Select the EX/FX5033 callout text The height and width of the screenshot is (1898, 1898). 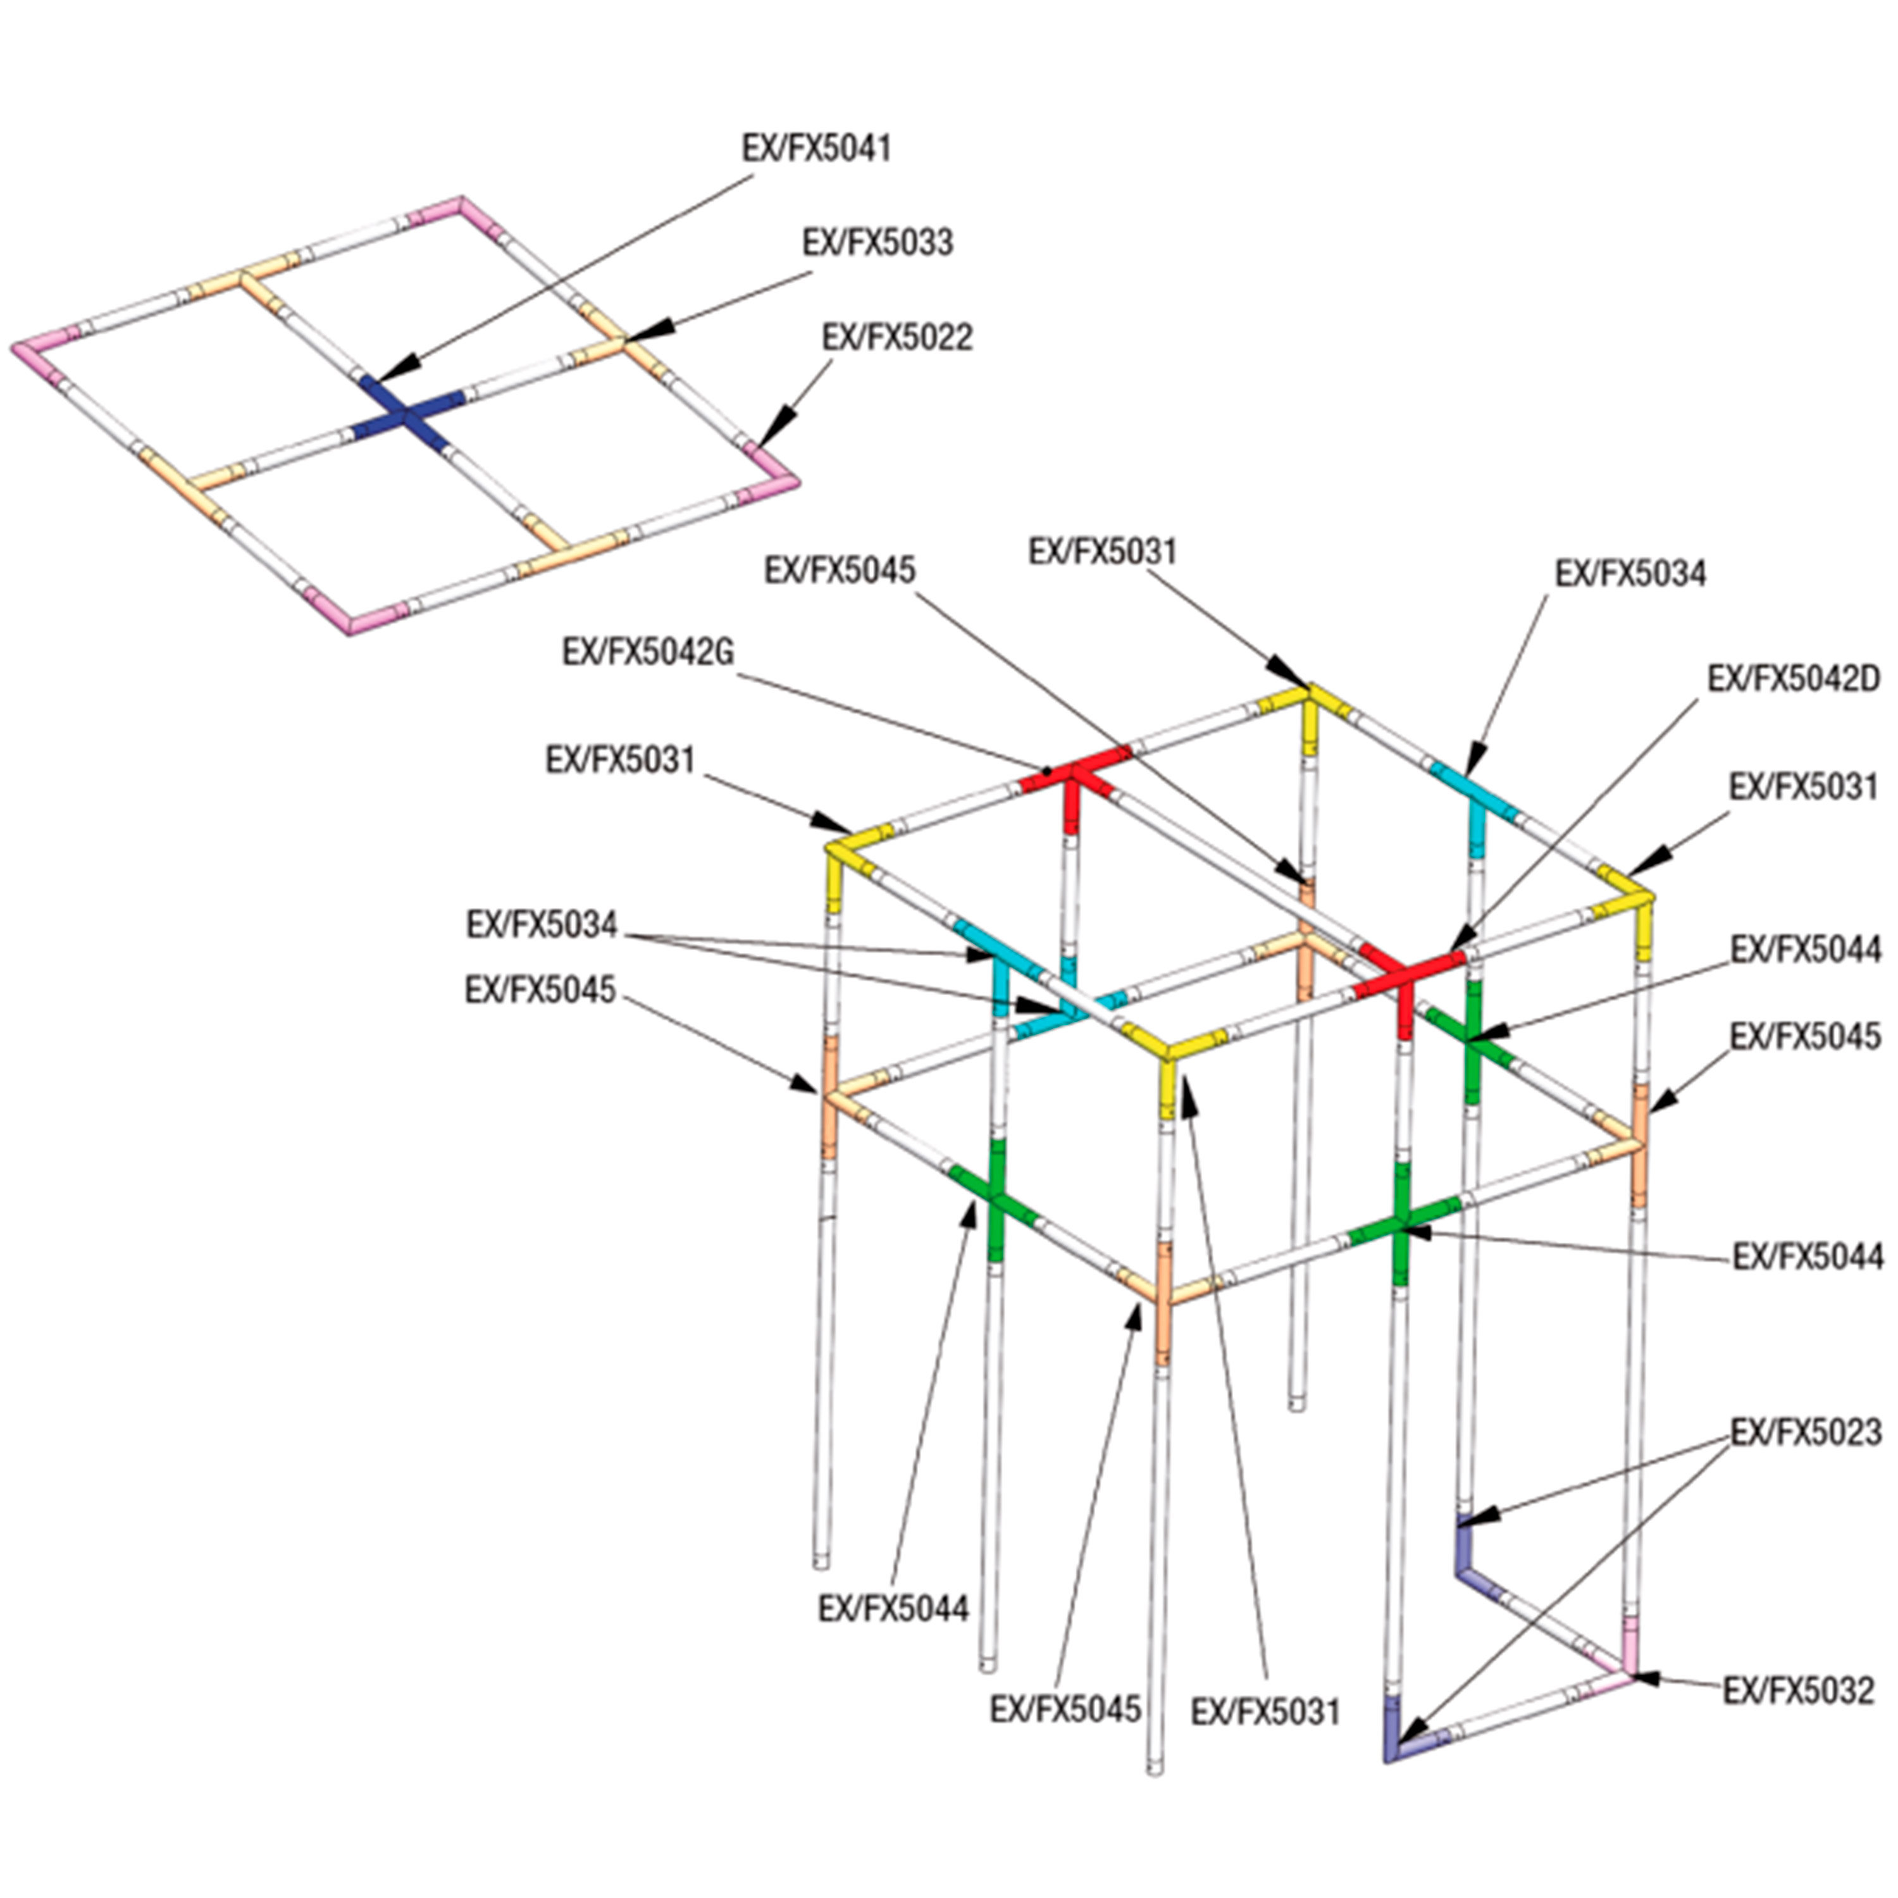point(878,243)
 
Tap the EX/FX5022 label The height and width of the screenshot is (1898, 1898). point(897,337)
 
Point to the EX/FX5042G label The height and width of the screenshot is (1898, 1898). point(648,652)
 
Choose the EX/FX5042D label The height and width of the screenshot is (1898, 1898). point(1793,679)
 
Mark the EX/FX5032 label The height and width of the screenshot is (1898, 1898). point(1799,1690)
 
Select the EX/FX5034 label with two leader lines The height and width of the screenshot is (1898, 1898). point(542,924)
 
